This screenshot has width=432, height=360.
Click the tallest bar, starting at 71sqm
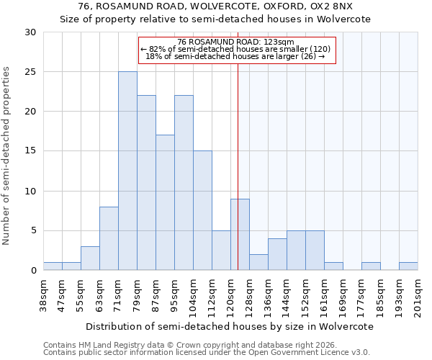pos(127,171)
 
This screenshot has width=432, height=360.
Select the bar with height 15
pos(202,210)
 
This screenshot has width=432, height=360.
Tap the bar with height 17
pos(165,202)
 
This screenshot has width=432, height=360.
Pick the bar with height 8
pos(109,238)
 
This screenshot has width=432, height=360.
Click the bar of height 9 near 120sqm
pos(240,234)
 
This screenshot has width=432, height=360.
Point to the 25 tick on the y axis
pos(30,72)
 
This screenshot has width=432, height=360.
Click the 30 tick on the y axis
pos(30,32)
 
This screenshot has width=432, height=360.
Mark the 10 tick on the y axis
pos(30,192)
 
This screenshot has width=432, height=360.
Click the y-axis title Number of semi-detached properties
pos(7,156)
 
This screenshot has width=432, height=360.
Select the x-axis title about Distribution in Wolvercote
pos(229,326)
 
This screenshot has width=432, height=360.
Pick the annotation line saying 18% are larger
pos(235,56)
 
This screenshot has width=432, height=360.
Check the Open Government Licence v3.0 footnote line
pos(207,353)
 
